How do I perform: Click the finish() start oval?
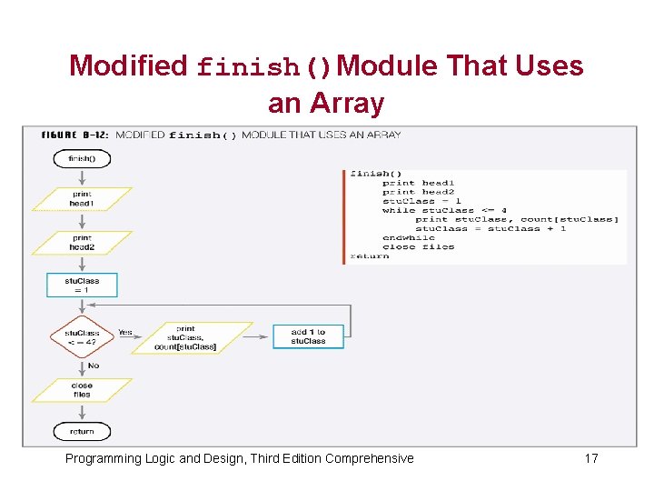click(81, 158)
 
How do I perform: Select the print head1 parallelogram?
click(81, 199)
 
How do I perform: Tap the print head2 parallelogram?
click(82, 243)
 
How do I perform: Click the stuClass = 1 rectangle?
click(82, 286)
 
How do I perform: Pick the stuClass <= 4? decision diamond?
click(82, 337)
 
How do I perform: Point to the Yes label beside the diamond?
click(125, 333)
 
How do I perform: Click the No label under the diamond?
click(93, 366)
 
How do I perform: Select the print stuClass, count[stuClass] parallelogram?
click(185, 337)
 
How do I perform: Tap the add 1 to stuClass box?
click(308, 336)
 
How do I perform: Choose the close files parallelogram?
click(82, 390)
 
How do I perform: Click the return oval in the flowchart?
click(81, 431)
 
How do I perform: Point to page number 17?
click(590, 458)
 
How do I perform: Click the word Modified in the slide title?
click(127, 66)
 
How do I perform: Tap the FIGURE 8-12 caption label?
click(75, 135)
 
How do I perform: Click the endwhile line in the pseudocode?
click(408, 237)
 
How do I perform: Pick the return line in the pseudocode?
click(370, 256)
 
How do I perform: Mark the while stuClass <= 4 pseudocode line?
click(444, 210)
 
